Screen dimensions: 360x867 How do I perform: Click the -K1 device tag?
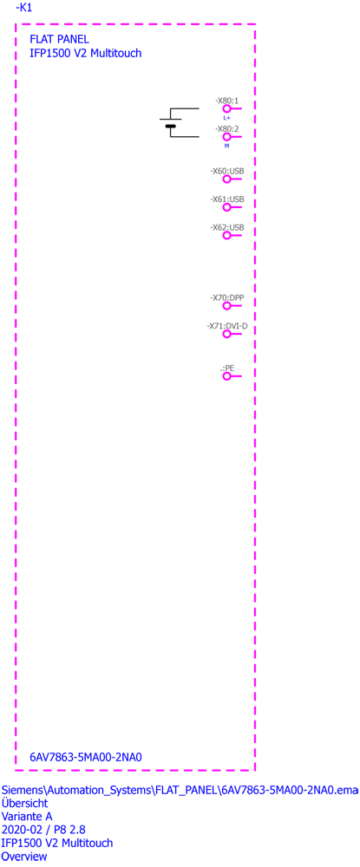click(x=24, y=9)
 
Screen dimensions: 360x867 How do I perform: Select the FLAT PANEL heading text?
click(x=59, y=39)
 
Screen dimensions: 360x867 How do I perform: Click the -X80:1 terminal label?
click(x=226, y=101)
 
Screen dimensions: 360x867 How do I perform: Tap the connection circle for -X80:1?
click(x=226, y=109)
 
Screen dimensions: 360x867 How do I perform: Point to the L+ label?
click(x=226, y=118)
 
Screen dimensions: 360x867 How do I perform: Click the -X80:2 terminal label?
click(x=226, y=128)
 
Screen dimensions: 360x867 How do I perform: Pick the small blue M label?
click(x=226, y=146)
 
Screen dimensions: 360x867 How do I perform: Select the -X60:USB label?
click(x=227, y=172)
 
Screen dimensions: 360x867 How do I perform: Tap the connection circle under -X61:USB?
click(x=226, y=207)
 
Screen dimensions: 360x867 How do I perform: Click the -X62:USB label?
click(x=227, y=227)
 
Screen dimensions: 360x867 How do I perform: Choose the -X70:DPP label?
click(x=227, y=297)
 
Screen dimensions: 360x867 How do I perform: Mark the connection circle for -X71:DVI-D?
click(x=226, y=334)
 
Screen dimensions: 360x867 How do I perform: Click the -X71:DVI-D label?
click(x=227, y=326)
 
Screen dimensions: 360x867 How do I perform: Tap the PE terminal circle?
click(x=226, y=376)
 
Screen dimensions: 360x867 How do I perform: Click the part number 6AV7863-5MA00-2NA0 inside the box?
click(x=86, y=757)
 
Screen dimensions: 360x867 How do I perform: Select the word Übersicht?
click(x=25, y=802)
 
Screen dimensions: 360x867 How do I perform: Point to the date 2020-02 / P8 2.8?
click(x=43, y=830)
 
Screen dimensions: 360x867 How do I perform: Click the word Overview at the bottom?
click(x=24, y=857)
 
